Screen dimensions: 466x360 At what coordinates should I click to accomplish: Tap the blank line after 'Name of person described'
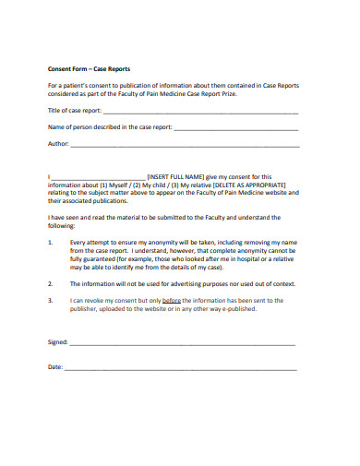(x=235, y=128)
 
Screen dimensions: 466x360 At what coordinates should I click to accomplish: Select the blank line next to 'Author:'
(x=185, y=146)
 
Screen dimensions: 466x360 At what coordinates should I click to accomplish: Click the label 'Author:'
(x=58, y=145)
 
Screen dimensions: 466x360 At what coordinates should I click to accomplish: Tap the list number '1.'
(x=51, y=242)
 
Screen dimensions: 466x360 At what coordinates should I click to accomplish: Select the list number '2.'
(x=51, y=283)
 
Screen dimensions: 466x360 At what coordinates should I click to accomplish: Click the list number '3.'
(x=51, y=301)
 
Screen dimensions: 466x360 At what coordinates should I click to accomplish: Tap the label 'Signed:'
(x=57, y=342)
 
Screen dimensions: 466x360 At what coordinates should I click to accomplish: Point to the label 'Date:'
(x=54, y=367)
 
